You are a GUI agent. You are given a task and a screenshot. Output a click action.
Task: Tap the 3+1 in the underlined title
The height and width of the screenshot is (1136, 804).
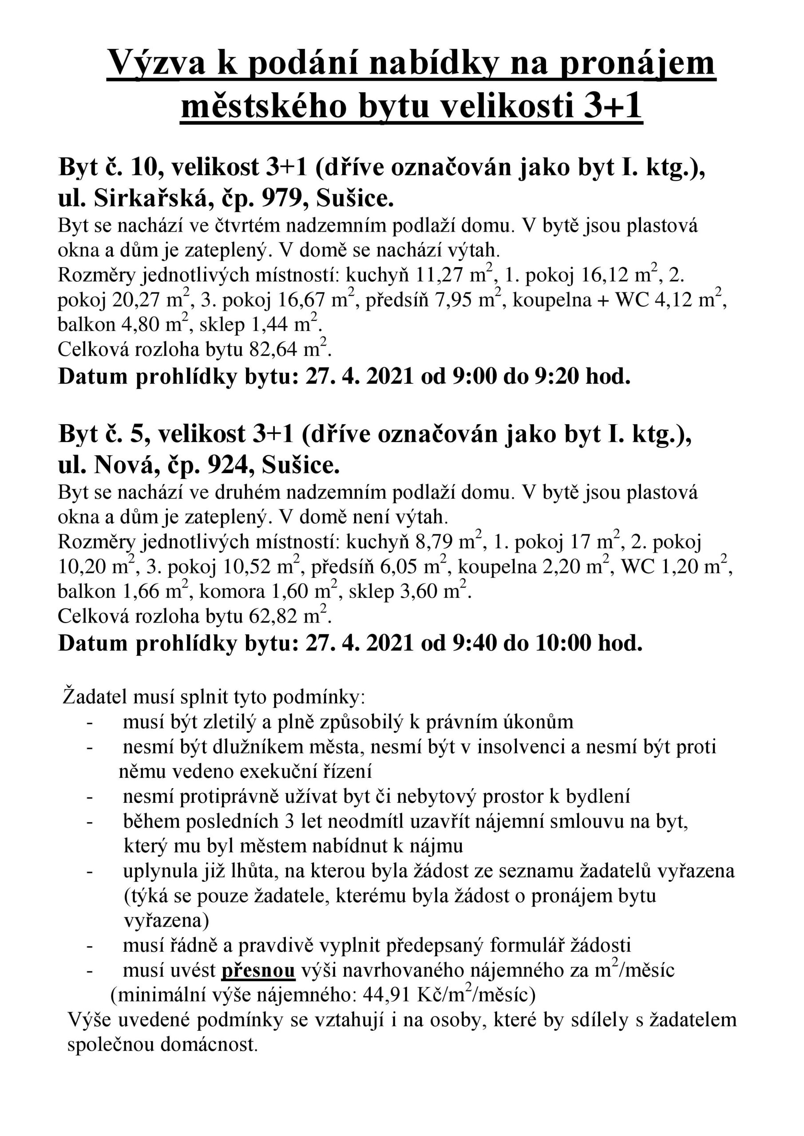612,107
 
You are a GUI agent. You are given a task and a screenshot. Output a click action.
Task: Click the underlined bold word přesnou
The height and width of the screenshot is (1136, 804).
258,971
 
